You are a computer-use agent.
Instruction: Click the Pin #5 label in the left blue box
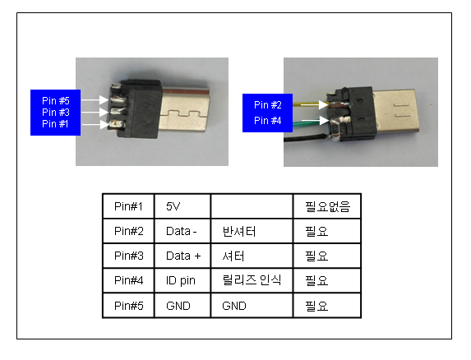pos(56,100)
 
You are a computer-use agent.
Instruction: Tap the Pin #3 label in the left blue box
pos(56,112)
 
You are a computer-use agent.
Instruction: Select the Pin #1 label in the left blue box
pos(55,123)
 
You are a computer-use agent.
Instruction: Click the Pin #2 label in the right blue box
pos(268,104)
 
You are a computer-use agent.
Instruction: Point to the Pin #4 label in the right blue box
pos(268,120)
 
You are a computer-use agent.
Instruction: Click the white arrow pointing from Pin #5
pos(95,99)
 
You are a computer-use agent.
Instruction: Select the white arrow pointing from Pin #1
pos(95,124)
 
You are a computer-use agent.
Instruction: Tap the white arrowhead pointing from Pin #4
pos(324,121)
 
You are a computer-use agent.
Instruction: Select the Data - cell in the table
pos(181,231)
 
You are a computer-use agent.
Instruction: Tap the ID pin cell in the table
pos(181,281)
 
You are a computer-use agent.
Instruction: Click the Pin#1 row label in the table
pos(128,206)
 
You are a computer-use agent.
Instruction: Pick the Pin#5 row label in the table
pos(128,306)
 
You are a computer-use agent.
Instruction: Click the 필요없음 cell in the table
pos(327,206)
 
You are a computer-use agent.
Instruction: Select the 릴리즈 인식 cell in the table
pos(252,280)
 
